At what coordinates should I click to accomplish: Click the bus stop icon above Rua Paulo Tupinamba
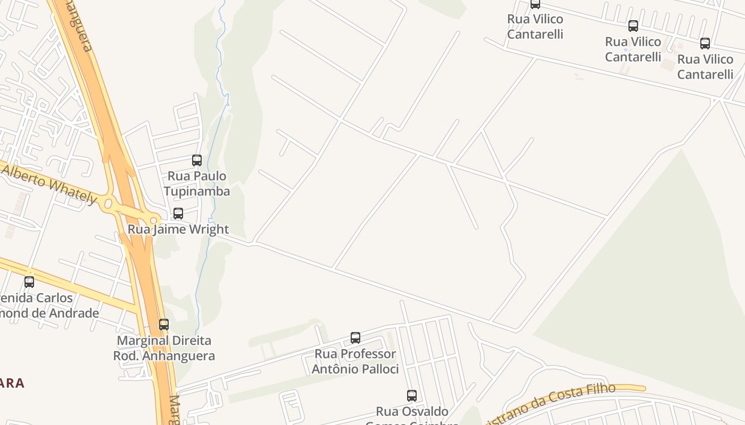(x=197, y=160)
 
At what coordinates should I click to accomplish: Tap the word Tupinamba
(x=197, y=191)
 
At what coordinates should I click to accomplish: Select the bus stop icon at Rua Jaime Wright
(x=178, y=214)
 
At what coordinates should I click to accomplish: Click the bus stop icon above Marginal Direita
(x=164, y=324)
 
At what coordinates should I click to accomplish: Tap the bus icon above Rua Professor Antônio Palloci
(x=355, y=338)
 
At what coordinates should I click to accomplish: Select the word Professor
(x=368, y=354)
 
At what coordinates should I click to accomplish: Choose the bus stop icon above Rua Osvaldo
(x=412, y=396)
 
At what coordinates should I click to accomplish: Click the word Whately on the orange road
(x=74, y=192)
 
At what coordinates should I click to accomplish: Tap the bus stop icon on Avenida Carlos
(x=29, y=282)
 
